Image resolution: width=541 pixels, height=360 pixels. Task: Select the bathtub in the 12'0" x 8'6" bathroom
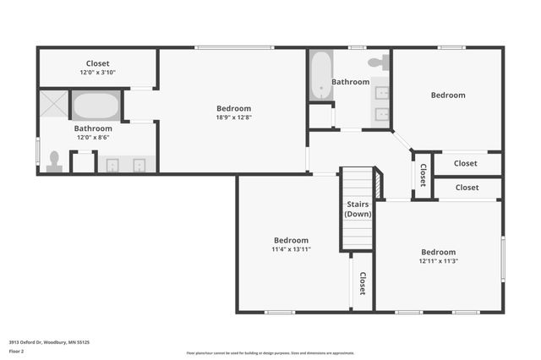(96, 106)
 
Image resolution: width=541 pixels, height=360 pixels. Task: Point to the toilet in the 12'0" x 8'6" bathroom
(55, 161)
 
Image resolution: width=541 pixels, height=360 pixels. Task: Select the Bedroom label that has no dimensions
(448, 95)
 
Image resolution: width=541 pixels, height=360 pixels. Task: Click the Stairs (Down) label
(358, 209)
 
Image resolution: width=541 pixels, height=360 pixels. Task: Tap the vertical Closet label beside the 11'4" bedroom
(362, 283)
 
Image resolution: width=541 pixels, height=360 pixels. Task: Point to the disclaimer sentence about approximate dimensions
(270, 353)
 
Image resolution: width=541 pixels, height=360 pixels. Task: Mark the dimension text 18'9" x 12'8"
(233, 117)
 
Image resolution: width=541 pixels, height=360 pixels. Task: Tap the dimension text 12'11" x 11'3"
(438, 261)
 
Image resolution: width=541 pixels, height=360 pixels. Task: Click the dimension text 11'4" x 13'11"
(290, 249)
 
